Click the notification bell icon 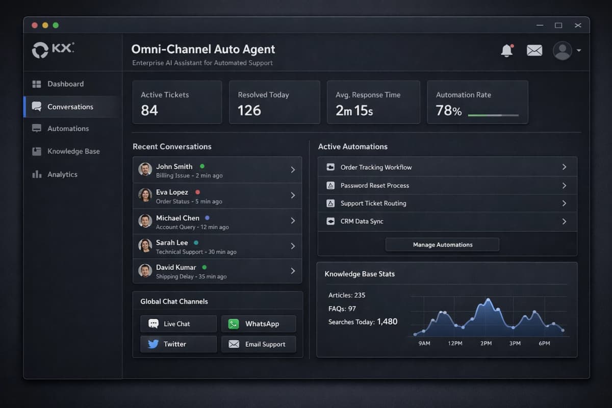[x=506, y=50]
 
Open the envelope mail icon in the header [x=534, y=50]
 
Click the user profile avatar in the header [x=563, y=50]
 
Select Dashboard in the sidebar [x=65, y=84]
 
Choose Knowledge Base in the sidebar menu [x=73, y=151]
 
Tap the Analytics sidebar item [x=62, y=174]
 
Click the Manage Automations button [x=442, y=245]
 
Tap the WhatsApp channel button [x=258, y=324]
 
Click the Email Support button [x=258, y=344]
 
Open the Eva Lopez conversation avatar [x=145, y=195]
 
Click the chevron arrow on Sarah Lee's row [x=293, y=246]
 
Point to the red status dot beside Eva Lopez [x=197, y=192]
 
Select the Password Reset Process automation [x=375, y=186]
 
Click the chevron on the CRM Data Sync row [x=564, y=221]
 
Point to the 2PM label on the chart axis [x=486, y=343]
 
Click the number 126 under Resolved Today [x=249, y=110]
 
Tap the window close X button [x=578, y=25]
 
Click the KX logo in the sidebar [x=53, y=49]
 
